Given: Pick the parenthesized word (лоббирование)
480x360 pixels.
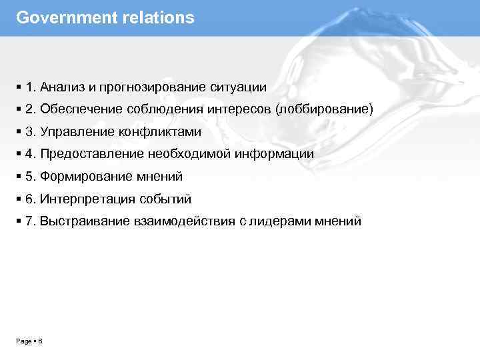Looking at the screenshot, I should [x=329, y=109].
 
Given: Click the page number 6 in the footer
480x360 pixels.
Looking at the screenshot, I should [x=41, y=341].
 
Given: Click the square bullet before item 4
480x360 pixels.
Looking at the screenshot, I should [x=18, y=154].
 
